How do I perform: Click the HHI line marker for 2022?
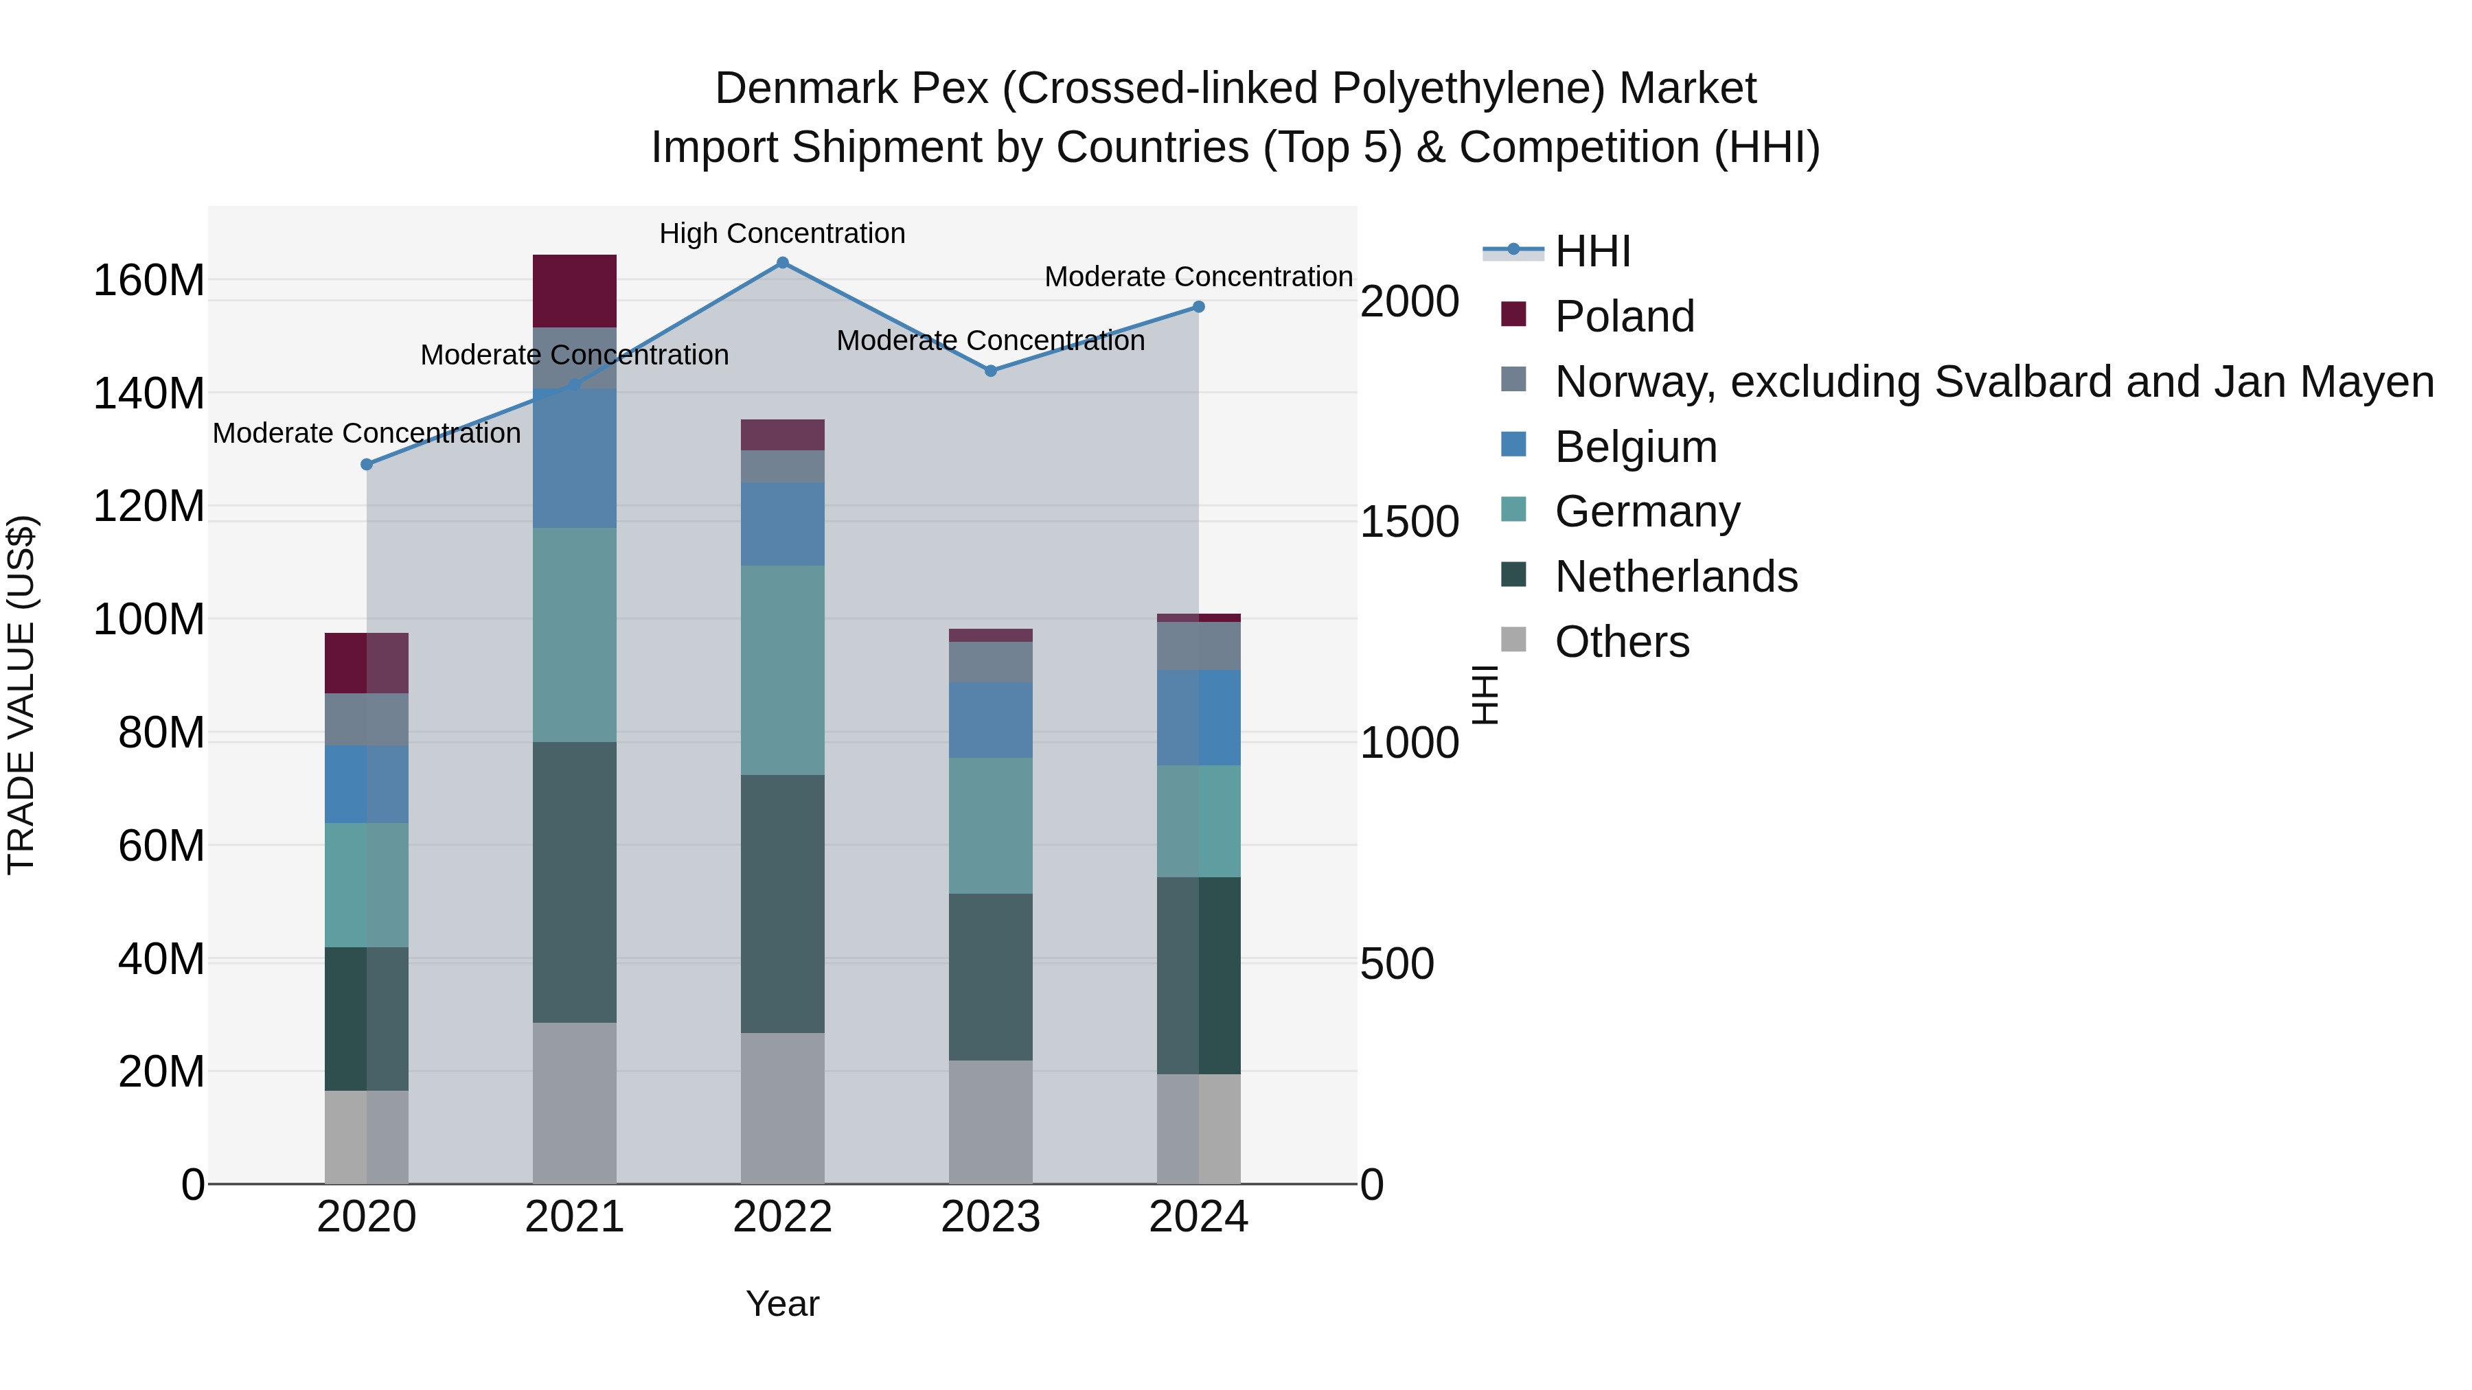[x=782, y=263]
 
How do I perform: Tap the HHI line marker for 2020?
[x=367, y=464]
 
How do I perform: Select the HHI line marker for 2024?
[x=1198, y=307]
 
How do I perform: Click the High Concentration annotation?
[x=782, y=233]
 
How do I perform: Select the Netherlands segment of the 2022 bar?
[x=782, y=903]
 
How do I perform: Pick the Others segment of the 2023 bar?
[x=990, y=1122]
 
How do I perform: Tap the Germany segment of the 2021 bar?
[x=574, y=634]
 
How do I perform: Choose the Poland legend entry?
[x=1624, y=316]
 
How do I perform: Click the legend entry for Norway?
[x=1993, y=382]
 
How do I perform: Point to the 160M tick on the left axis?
[x=149, y=281]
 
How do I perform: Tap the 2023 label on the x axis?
[x=990, y=1217]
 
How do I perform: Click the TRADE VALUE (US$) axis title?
[x=21, y=695]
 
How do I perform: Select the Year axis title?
[x=782, y=1304]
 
